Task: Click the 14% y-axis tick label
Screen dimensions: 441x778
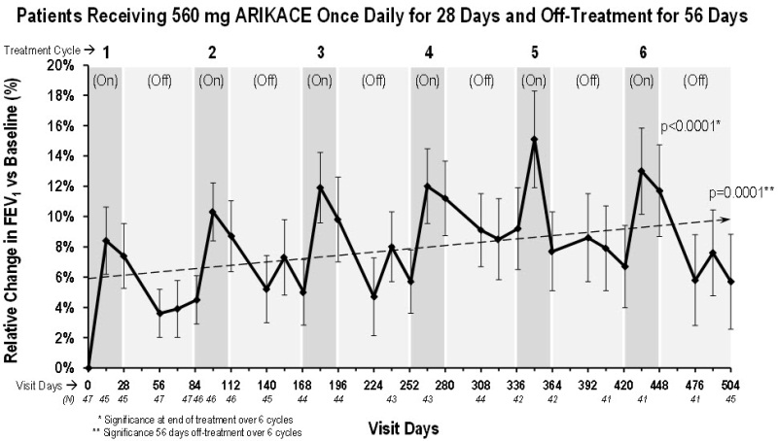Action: [x=61, y=156]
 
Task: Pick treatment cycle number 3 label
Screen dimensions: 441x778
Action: [x=321, y=51]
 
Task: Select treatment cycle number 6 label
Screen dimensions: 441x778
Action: [x=642, y=51]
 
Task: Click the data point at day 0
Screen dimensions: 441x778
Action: [x=88, y=367]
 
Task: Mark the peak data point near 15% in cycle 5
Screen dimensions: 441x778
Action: [x=534, y=139]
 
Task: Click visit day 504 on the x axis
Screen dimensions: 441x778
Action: [x=730, y=385]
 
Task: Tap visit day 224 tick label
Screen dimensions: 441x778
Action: [x=373, y=385]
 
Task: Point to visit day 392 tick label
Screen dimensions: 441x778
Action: [x=587, y=385]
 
